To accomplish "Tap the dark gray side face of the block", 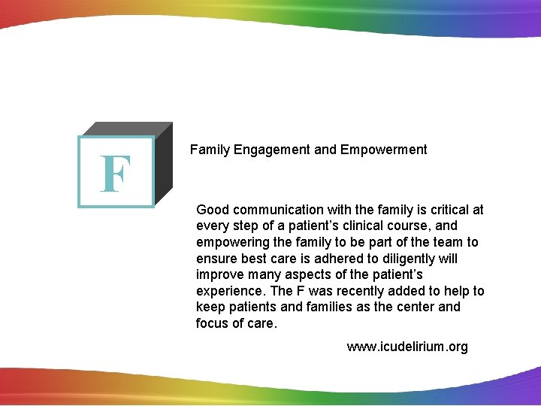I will (164, 165).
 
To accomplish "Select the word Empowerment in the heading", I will (383, 150).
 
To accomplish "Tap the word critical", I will (446, 210).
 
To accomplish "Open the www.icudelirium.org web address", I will (407, 347).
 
